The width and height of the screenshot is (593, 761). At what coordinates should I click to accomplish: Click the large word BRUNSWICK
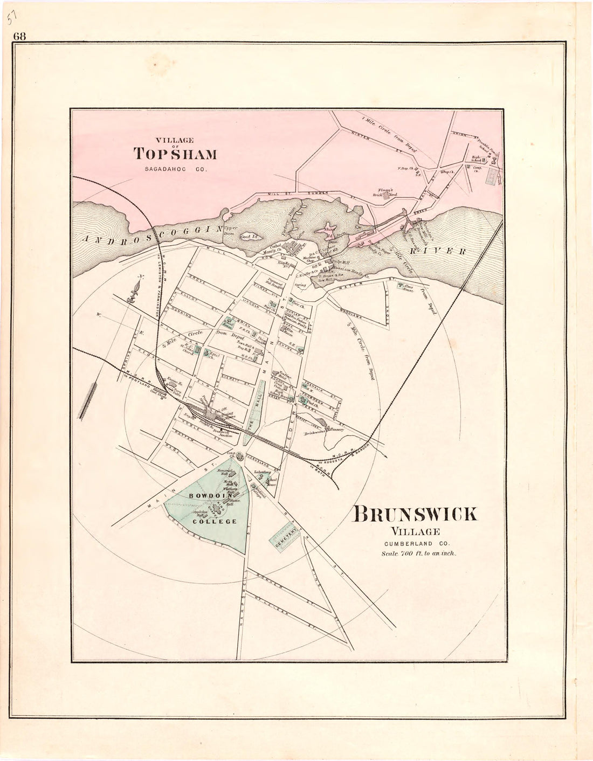(x=415, y=515)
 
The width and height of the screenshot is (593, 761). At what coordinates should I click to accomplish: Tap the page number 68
(x=20, y=37)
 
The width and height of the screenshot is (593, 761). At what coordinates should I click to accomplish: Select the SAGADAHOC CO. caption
(x=175, y=170)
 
